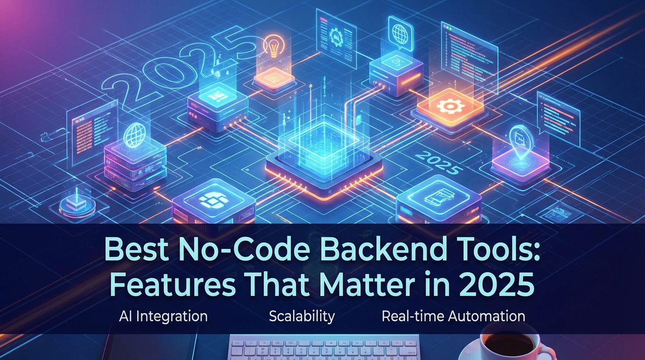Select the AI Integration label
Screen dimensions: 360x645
pyautogui.click(x=163, y=316)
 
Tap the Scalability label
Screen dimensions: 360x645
pyautogui.click(x=302, y=316)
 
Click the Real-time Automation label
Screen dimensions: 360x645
pyautogui.click(x=453, y=316)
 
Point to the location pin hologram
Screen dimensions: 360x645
pyautogui.click(x=519, y=137)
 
